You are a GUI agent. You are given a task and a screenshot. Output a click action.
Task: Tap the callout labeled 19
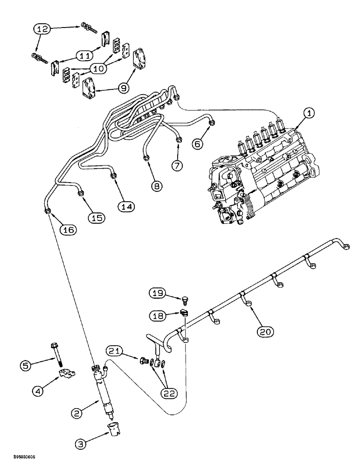[158, 293]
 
